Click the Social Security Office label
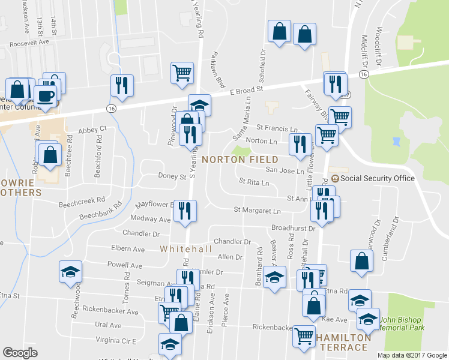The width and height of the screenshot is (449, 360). pos(378,178)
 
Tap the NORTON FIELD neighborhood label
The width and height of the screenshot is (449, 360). pos(240,160)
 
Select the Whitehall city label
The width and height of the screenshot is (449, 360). pos(186,248)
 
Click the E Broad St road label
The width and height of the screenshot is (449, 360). pos(247,90)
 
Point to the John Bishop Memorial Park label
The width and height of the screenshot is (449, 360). pos(402,324)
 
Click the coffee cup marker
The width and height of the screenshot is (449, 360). pos(45,95)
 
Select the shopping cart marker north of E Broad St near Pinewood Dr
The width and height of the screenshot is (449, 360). pos(182,73)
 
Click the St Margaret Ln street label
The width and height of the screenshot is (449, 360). pos(257,211)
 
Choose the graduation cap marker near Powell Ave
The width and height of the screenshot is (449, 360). pos(70,271)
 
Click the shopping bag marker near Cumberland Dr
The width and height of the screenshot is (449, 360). pos(361,261)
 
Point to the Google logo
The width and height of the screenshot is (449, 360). pos(20,353)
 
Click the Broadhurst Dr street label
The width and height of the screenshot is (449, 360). pos(293,229)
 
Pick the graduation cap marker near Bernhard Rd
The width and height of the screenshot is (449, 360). pos(275,278)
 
